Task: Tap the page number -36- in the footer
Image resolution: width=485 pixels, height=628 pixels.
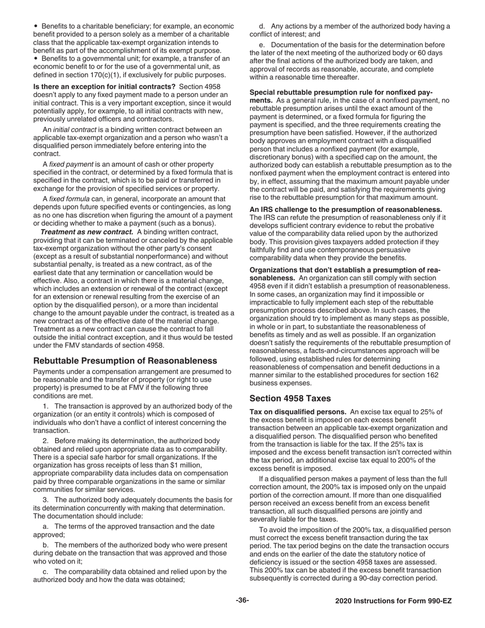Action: tap(242, 600)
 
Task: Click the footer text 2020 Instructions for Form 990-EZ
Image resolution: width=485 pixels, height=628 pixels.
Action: tap(393, 601)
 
